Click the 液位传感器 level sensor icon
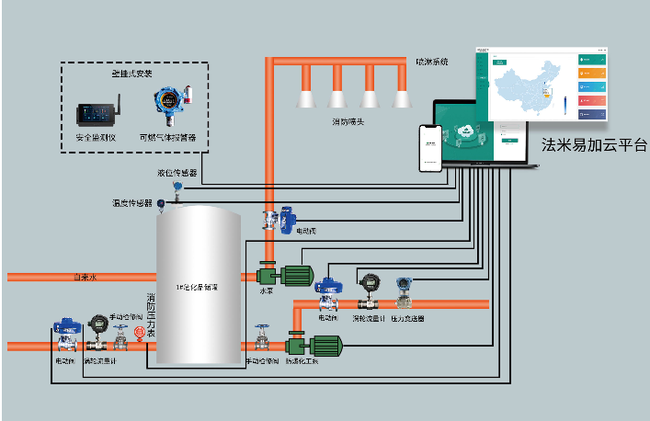click(177, 188)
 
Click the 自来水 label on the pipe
click(86, 277)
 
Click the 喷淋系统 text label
click(431, 62)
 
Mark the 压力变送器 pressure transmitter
click(404, 292)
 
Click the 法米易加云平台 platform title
click(593, 146)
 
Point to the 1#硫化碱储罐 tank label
click(197, 288)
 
